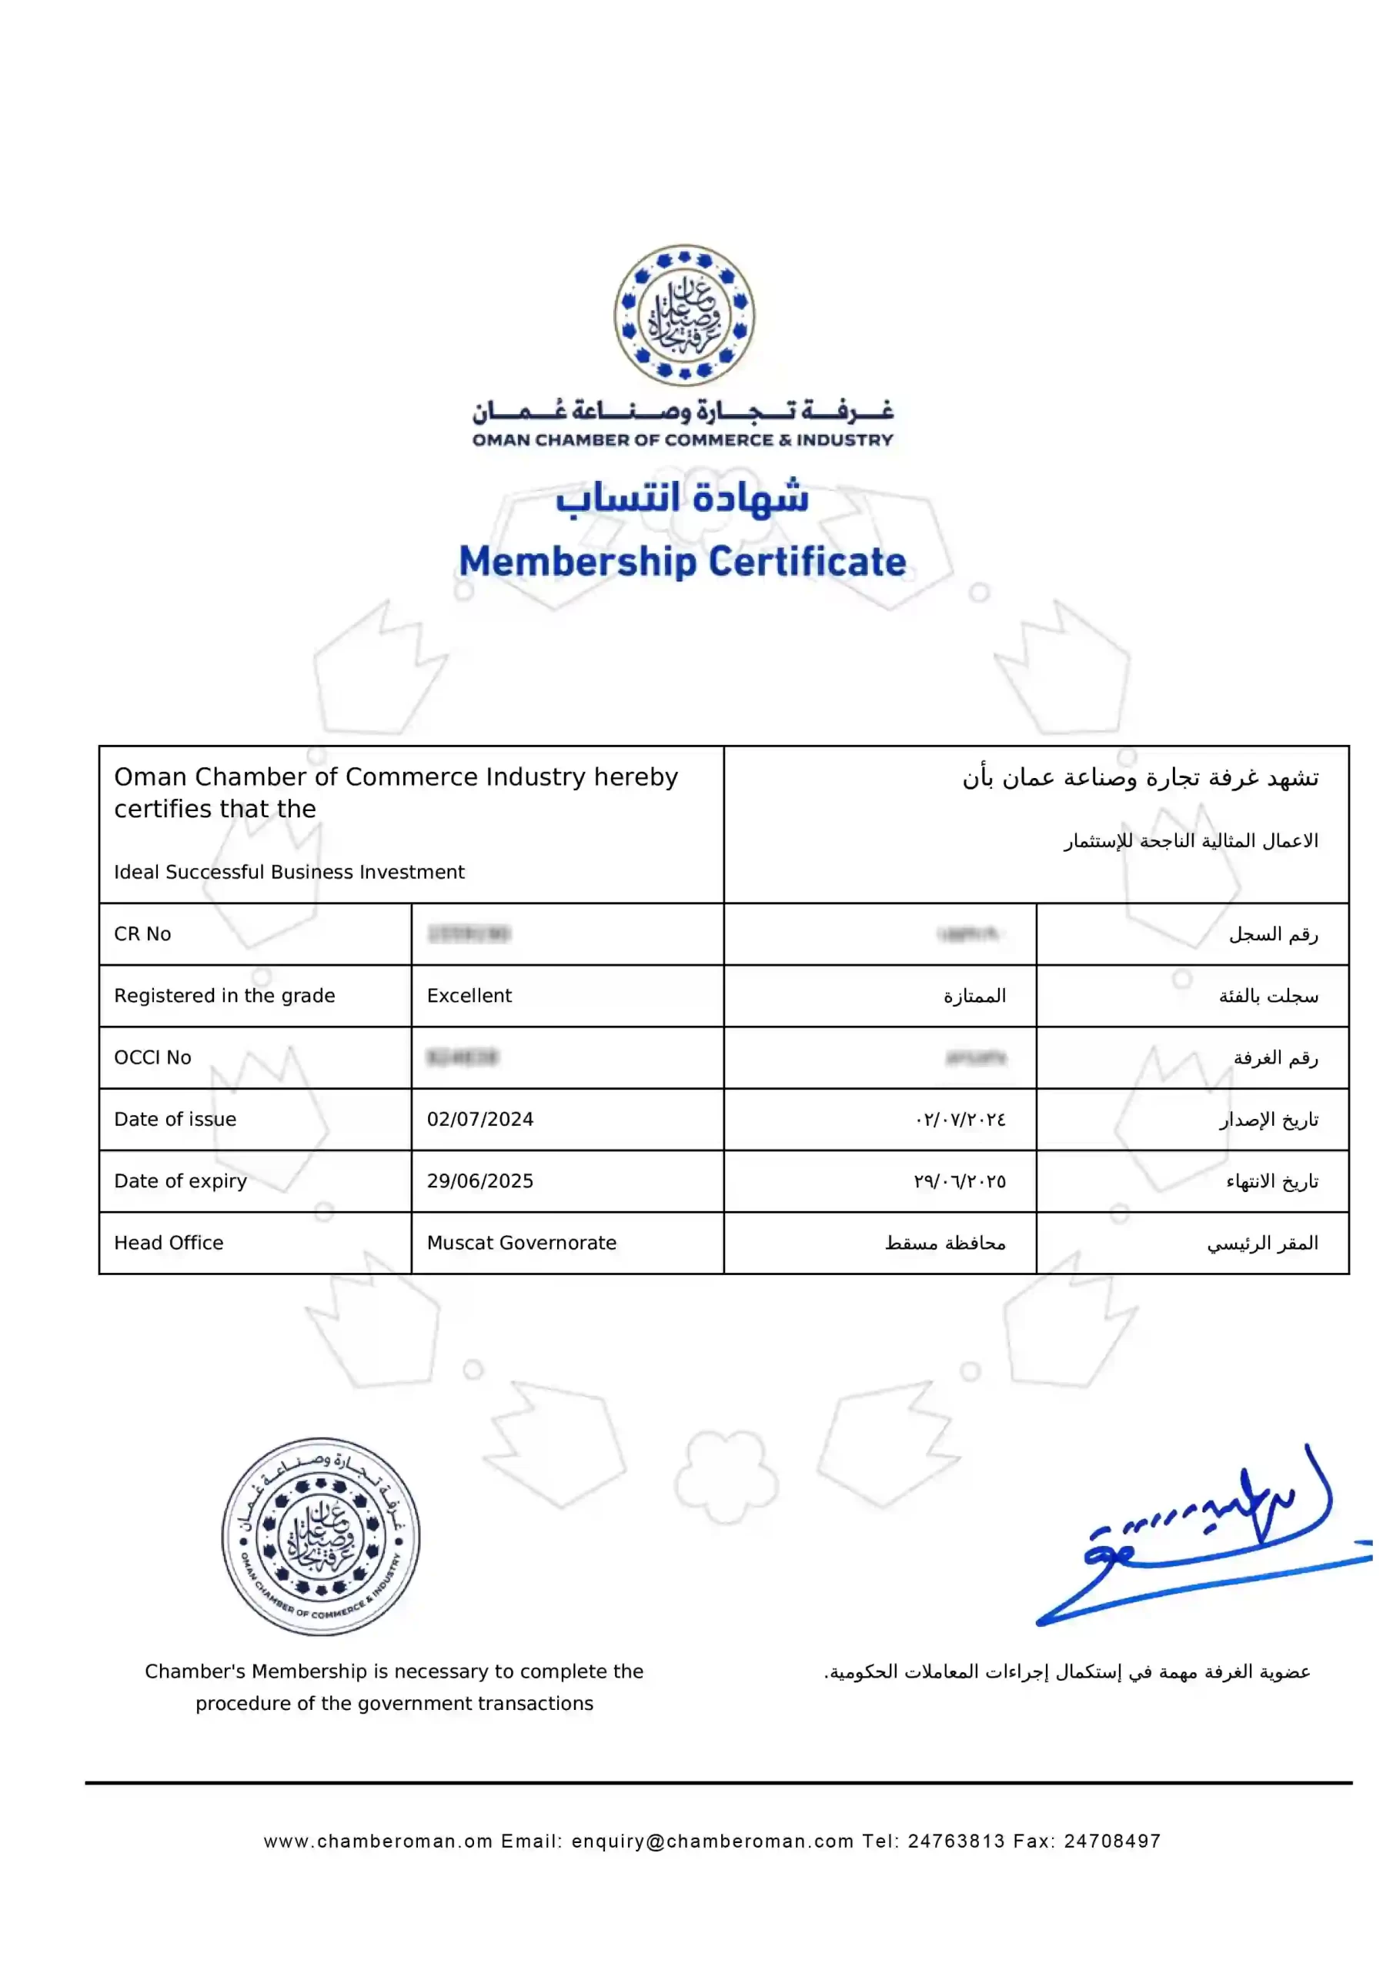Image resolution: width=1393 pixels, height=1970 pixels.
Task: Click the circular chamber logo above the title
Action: [x=684, y=315]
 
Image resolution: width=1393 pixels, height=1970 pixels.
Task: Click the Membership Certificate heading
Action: [x=683, y=562]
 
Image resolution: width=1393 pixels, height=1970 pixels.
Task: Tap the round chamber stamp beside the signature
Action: [x=321, y=1536]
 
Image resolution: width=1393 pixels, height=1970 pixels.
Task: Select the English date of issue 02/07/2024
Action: [x=479, y=1119]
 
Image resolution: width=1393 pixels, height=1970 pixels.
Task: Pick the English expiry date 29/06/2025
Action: [x=479, y=1180]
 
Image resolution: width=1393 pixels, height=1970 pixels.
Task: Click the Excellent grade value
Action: [x=469, y=995]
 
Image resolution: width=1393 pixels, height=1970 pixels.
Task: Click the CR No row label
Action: [x=142, y=933]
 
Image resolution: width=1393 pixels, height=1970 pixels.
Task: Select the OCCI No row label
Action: [x=153, y=1057]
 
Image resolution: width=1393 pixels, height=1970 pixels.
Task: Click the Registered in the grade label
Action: [x=224, y=995]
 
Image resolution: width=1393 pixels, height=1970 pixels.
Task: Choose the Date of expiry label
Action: [x=180, y=1180]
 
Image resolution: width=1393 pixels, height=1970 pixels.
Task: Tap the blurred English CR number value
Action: [x=469, y=933]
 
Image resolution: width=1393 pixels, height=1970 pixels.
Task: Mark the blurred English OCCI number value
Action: [x=463, y=1057]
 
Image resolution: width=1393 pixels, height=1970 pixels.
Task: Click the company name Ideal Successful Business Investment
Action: [x=289, y=872]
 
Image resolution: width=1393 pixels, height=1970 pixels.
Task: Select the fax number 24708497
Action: [x=1112, y=1841]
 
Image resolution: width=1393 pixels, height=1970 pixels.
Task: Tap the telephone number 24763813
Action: [x=956, y=1841]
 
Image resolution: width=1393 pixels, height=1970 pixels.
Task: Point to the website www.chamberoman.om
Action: [x=378, y=1841]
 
